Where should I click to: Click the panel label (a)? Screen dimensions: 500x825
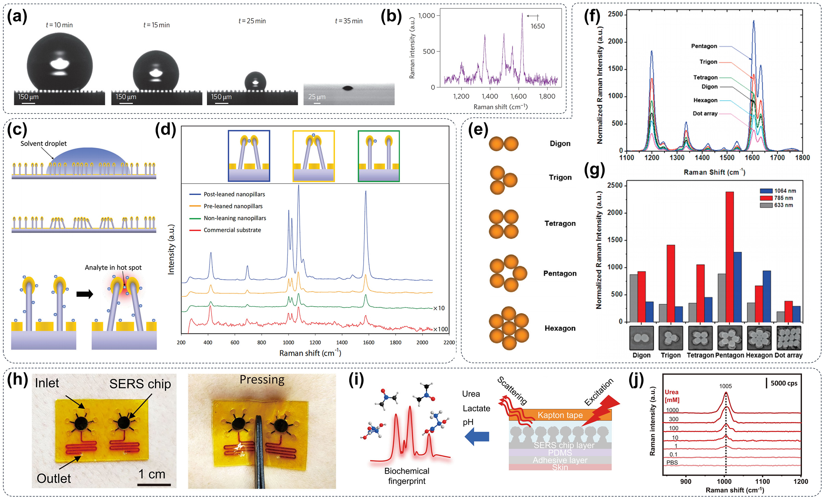tap(17, 16)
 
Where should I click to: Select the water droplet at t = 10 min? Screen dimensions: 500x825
tap(60, 64)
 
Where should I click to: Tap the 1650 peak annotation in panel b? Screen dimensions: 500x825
tap(537, 26)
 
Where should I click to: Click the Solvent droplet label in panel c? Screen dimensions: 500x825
tap(43, 143)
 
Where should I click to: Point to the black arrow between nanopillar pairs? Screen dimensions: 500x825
tap(85, 294)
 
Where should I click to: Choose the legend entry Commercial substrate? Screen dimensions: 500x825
tap(232, 230)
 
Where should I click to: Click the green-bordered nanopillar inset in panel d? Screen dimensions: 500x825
tap(378, 156)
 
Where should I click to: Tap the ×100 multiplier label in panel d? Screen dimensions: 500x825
tap(440, 329)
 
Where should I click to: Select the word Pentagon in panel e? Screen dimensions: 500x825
tap(559, 273)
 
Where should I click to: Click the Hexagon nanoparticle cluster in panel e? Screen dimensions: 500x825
tap(509, 328)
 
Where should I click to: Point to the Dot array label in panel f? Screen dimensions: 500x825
tap(705, 113)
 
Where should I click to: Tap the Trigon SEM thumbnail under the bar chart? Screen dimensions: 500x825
tap(671, 338)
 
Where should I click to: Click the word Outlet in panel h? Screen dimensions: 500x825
tap(54, 479)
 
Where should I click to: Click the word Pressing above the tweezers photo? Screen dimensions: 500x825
tap(262, 380)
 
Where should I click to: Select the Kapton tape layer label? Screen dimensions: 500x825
tap(560, 415)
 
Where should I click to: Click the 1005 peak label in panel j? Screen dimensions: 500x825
tap(725, 386)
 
